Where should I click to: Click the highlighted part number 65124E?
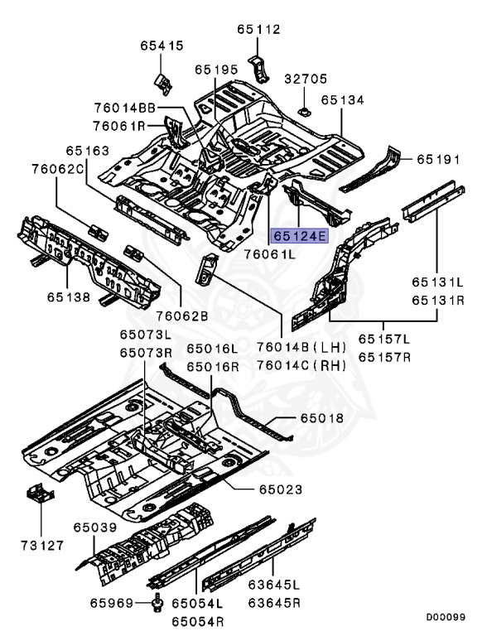pos(301,236)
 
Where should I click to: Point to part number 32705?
pos(306,79)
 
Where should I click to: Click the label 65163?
pos(87,152)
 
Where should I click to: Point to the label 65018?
pos(321,420)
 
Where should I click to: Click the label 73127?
pos(37,546)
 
